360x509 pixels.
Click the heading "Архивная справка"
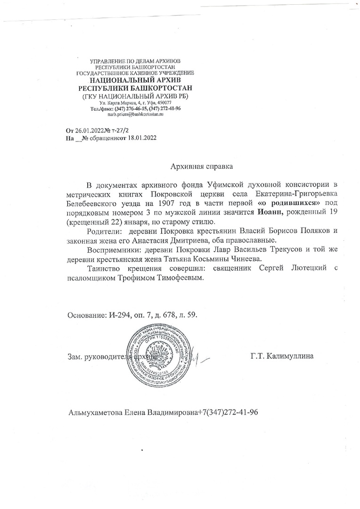201,166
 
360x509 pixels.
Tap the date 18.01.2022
139,138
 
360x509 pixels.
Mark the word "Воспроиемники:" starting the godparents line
112,251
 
